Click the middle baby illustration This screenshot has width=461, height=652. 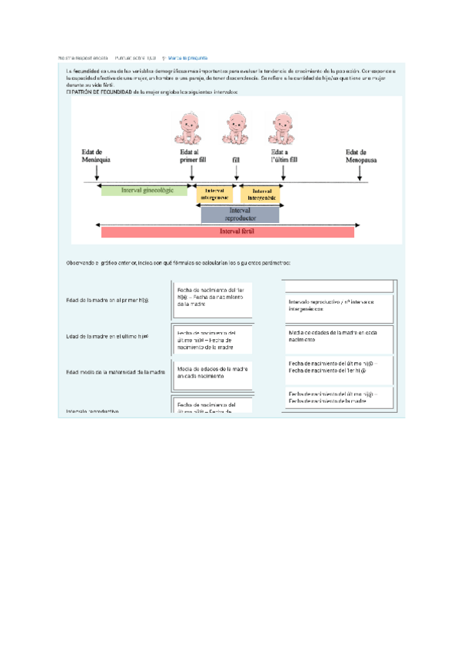pos(237,129)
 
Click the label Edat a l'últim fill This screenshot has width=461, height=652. pos(284,156)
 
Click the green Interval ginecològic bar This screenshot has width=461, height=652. pos(144,189)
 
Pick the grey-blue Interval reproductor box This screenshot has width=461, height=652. pos(240,213)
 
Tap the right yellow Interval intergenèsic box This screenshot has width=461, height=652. pos(261,194)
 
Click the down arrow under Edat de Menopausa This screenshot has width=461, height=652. pos(360,175)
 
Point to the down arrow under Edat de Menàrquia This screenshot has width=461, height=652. pos(97,175)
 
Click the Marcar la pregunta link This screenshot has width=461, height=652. pos(188,58)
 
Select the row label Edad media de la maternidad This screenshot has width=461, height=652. pos(116,372)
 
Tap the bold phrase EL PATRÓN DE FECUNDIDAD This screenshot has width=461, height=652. pos(98,92)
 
